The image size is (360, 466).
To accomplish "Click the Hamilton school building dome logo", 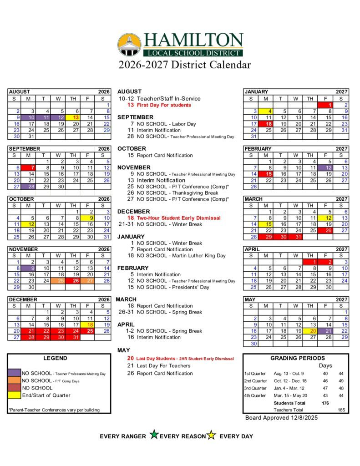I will (x=129, y=45).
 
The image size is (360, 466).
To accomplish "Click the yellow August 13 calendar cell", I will (x=73, y=117).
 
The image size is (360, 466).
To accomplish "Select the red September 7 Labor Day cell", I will (x=28, y=167).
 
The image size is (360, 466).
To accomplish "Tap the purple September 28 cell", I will (x=28, y=186).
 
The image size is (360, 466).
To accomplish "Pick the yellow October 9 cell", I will (x=88, y=218).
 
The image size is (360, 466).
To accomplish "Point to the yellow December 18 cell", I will (x=88, y=324).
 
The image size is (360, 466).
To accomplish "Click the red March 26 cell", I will (x=326, y=230).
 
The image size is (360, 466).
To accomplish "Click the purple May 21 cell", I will (x=326, y=331).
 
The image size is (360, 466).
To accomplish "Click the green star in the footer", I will (x=154, y=435).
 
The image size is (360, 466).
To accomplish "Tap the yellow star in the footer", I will (x=211, y=436).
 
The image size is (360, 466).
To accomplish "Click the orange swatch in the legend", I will (x=14, y=380).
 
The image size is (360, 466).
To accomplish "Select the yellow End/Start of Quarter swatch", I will (x=14, y=395).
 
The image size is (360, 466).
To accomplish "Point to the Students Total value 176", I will (x=325, y=403).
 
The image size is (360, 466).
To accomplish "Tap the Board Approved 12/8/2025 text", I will (x=281, y=417).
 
